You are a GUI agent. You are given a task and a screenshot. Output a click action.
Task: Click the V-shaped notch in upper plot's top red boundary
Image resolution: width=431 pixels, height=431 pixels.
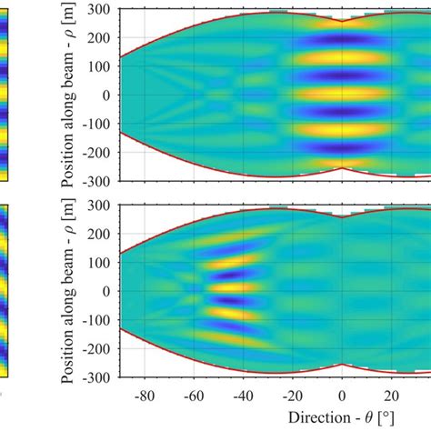[x=341, y=20]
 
